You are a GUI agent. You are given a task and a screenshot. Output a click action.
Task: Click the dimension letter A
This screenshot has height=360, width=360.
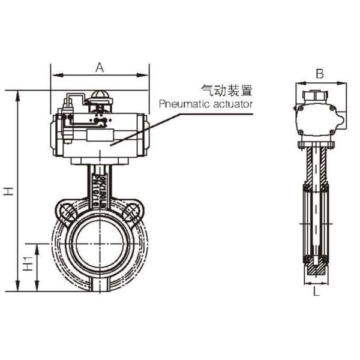pos(100,68)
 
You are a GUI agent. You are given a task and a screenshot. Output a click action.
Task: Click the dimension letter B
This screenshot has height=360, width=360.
pos(320,74)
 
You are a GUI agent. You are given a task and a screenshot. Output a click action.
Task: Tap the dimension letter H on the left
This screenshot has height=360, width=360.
pos(8,191)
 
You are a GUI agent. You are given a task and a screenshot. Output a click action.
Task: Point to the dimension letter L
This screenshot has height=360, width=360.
pos(316,293)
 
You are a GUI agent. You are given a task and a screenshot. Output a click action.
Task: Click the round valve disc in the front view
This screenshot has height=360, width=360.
pos(99,243)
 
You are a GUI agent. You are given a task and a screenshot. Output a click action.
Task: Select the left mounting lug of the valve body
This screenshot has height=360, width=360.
pos(65,210)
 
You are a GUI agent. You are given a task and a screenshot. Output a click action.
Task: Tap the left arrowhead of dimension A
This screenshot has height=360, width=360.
pos(54,76)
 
